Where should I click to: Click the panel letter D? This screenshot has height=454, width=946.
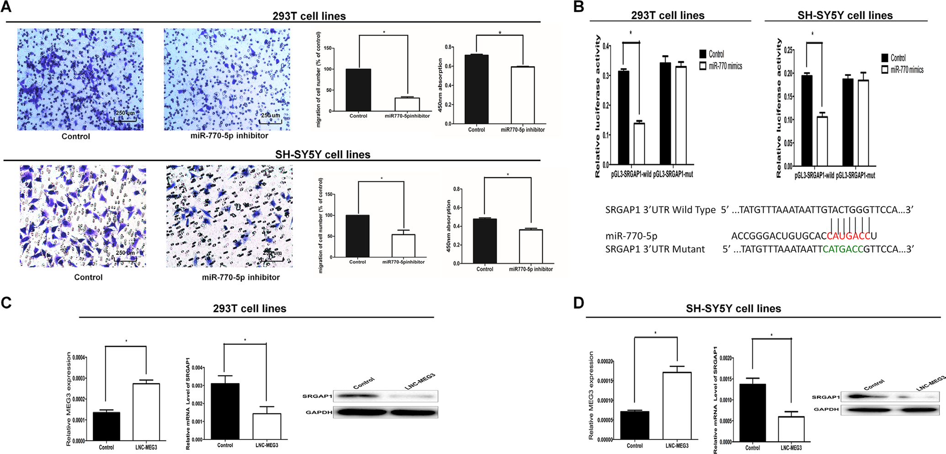coord(579,303)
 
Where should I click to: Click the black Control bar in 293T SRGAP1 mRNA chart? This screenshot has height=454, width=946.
coord(225,411)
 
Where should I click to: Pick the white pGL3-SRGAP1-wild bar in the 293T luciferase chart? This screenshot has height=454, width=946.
coord(639,144)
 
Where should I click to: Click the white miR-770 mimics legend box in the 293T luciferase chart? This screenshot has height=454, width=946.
coord(703,66)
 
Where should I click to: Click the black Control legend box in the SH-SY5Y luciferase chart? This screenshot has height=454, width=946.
coord(885,58)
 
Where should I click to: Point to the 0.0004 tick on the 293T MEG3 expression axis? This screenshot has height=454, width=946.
coord(79,358)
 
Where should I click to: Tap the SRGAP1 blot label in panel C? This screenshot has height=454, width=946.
coord(317,396)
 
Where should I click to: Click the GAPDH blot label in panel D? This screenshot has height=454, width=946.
coord(826,409)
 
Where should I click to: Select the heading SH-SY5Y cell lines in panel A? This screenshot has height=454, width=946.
coord(323,154)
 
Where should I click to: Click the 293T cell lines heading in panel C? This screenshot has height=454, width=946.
coord(250,308)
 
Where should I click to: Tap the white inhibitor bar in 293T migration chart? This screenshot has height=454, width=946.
coord(407,105)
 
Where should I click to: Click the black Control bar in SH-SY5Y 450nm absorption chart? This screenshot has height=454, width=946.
coord(484,241)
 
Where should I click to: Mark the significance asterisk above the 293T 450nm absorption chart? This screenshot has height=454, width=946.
coord(500,33)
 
